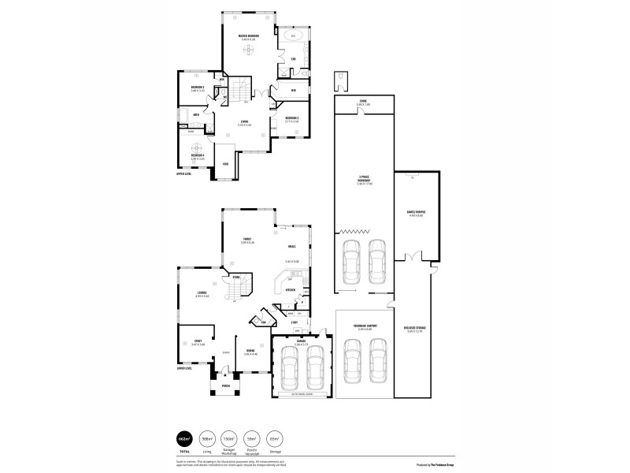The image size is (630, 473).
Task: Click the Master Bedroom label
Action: coord(249,35)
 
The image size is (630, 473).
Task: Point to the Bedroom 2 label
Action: coord(291,118)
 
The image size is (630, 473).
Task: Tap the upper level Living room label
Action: coord(245,121)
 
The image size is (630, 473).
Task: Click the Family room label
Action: coord(246,240)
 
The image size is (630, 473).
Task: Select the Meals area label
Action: coord(292,247)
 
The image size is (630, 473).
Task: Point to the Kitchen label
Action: coord(290,290)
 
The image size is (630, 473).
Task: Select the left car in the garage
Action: coord(288,371)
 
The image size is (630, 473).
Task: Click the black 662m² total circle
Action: coord(183,439)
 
